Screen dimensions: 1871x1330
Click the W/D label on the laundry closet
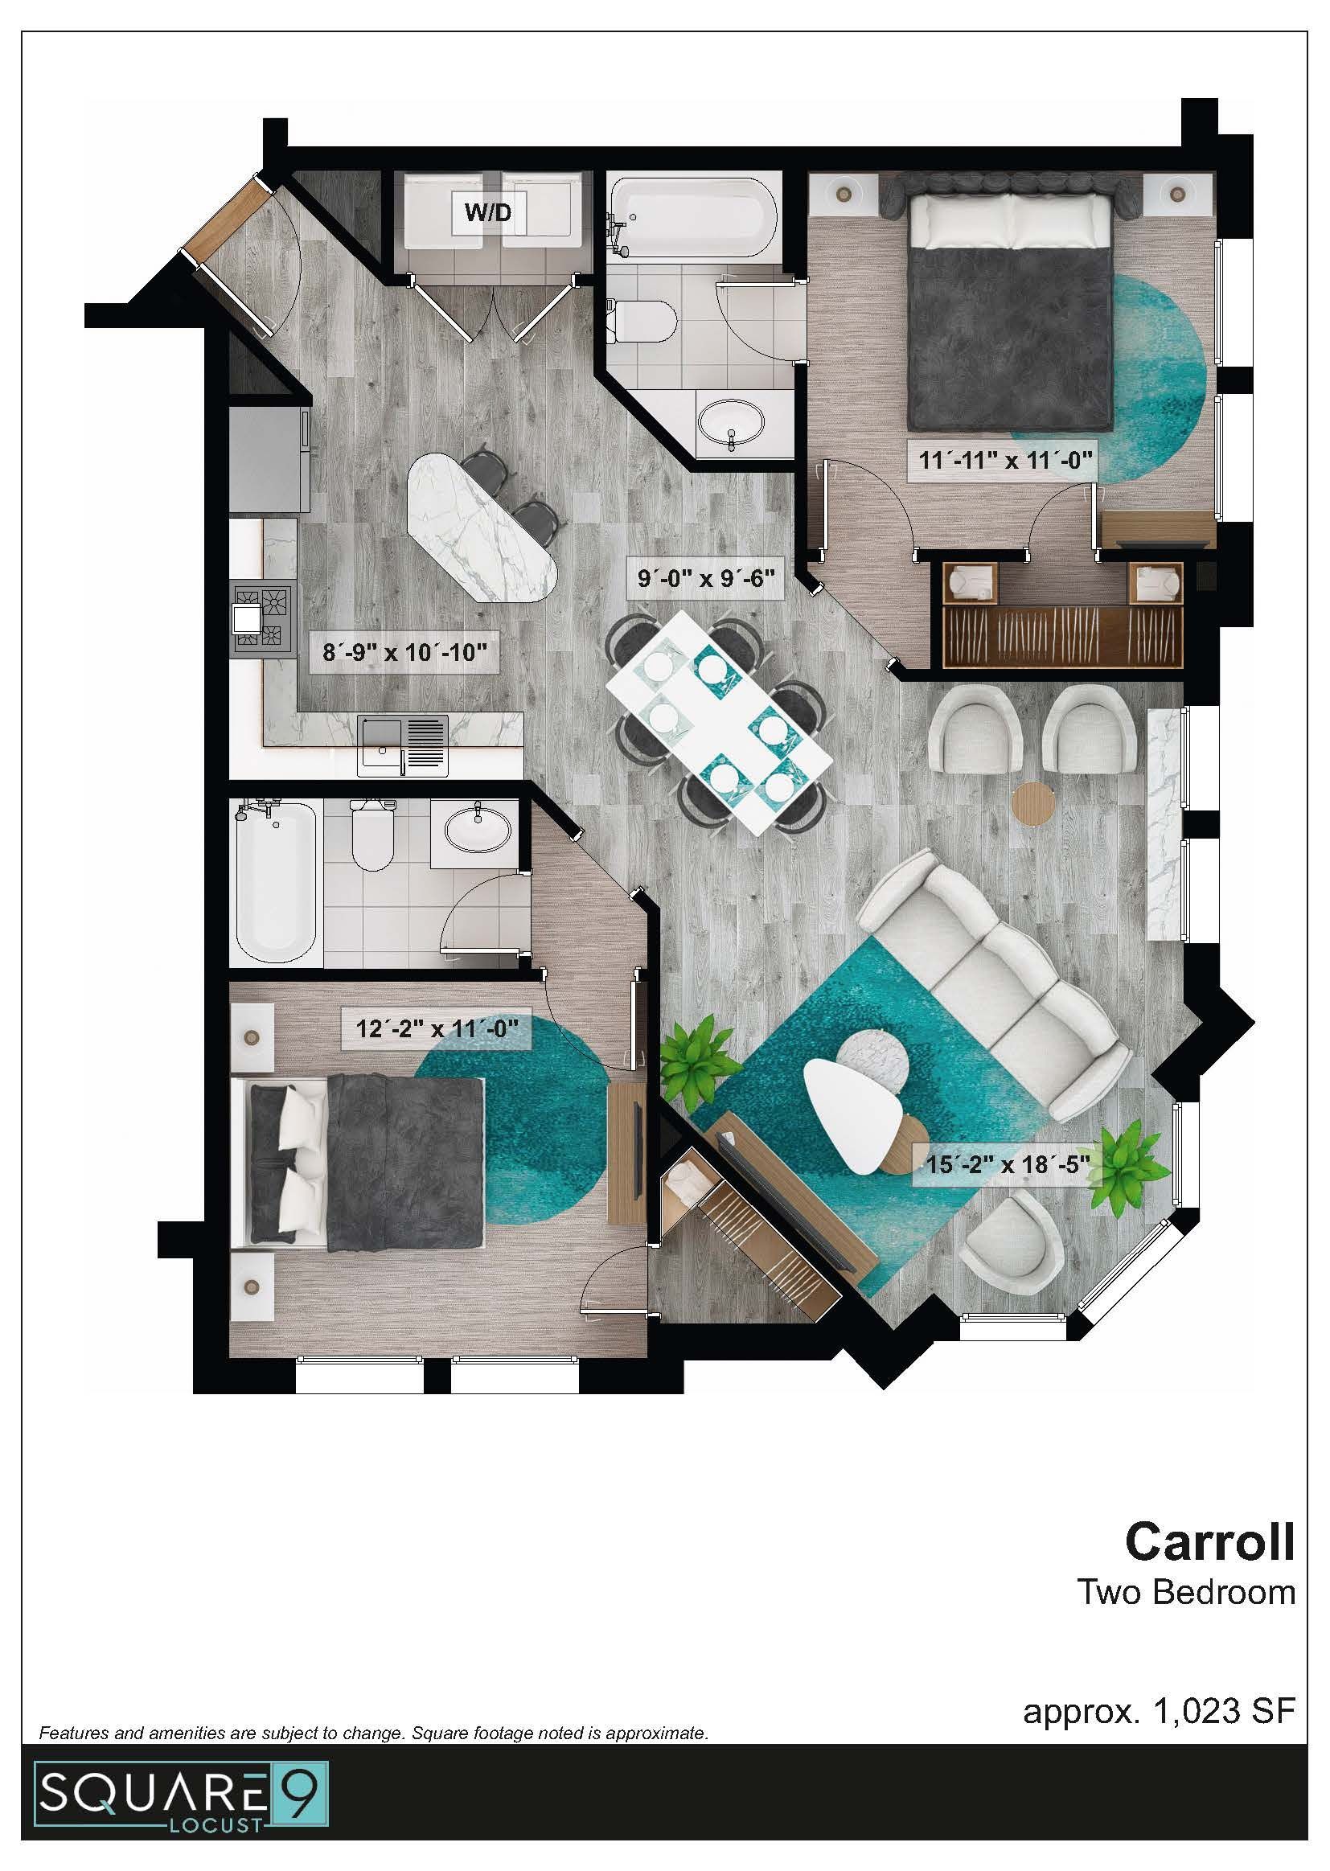tap(487, 212)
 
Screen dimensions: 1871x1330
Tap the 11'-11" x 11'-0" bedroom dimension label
tap(1006, 459)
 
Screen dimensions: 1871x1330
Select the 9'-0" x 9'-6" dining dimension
tap(706, 578)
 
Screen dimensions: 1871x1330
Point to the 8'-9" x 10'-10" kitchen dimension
tap(404, 653)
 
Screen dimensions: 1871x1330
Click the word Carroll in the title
tap(1209, 1542)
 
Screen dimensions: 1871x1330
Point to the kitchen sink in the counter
tap(403, 744)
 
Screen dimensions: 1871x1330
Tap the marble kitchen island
tap(482, 528)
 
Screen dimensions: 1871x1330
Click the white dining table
tap(718, 721)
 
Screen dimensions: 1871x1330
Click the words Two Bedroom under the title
tap(1186, 1593)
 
